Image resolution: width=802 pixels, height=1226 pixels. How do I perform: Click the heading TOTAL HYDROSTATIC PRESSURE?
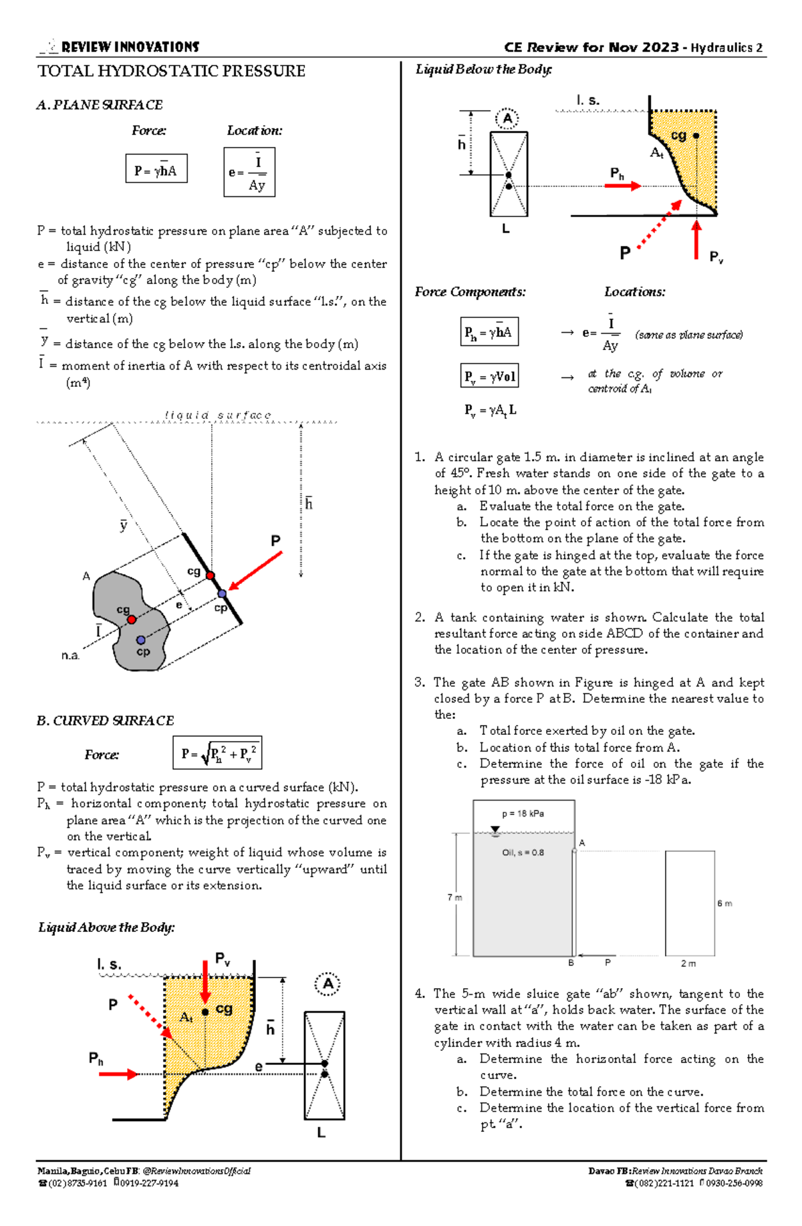pos(171,71)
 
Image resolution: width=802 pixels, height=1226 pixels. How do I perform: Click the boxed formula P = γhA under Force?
pos(156,169)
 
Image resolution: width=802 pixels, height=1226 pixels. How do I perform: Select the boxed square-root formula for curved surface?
pos(217,754)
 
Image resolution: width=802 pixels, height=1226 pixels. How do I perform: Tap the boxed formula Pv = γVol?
pos(490,376)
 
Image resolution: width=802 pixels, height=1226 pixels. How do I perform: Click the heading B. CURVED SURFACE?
pos(106,721)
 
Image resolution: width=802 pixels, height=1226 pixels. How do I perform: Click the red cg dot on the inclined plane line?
pos(210,575)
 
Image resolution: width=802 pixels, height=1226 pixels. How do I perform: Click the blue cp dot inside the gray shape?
pos(140,640)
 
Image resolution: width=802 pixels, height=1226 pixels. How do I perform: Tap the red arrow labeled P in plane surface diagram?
pos(255,571)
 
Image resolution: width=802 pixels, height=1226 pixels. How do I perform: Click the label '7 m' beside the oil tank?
pos(454,898)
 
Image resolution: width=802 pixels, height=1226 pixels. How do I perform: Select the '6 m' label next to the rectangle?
pos(724,903)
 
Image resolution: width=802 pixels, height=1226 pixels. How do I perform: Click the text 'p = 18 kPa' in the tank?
pos(523,814)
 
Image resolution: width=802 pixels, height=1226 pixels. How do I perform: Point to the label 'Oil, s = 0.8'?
pos(523,853)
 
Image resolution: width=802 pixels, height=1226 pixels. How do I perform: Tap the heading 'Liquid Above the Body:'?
pos(106,927)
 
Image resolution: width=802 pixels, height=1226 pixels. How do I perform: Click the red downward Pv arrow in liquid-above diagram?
pos(205,983)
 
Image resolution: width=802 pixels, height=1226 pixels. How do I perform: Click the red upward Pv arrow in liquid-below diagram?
pos(696,239)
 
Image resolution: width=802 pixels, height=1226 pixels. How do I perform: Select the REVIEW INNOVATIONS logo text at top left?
pos(130,47)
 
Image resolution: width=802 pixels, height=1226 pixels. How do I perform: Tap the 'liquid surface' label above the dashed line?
pos(218,416)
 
